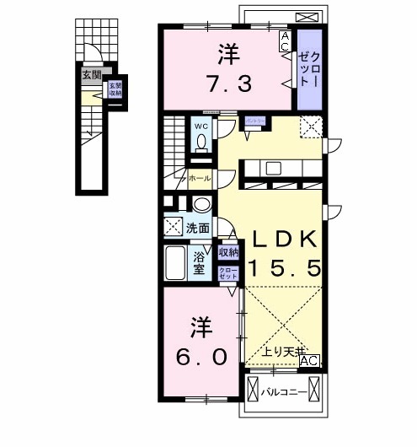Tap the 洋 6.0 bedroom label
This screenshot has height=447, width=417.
[x=201, y=341]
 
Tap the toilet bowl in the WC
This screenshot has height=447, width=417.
[x=201, y=145]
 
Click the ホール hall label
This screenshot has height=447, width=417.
[x=200, y=179]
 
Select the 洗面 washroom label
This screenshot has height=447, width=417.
[x=198, y=227]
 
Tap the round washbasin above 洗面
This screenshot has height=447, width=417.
[x=202, y=205]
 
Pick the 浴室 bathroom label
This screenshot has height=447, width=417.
[x=200, y=263]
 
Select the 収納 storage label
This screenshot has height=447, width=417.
[x=227, y=252]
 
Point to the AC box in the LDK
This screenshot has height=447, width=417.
[x=310, y=361]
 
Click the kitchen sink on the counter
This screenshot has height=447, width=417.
[x=274, y=167]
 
